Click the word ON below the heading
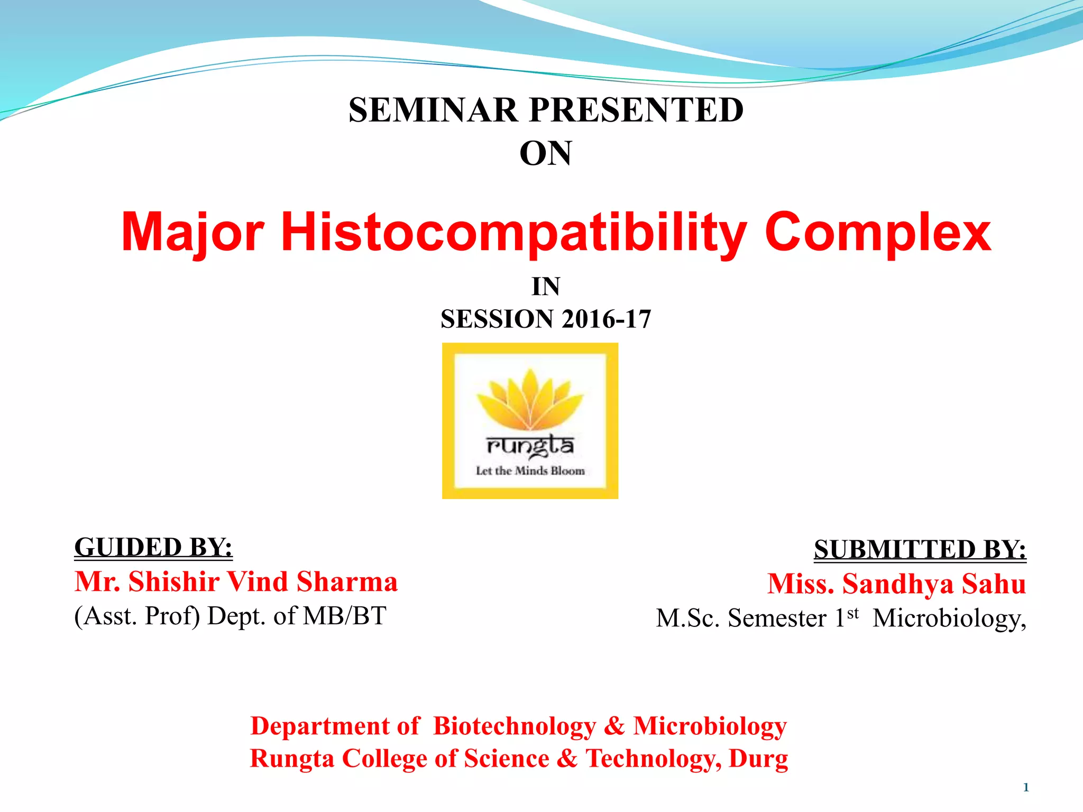pos(545,154)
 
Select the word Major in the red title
pos(192,233)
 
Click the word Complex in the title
pos(877,233)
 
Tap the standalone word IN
pos(545,287)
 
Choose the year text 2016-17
pos(607,319)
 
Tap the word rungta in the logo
pos(530,446)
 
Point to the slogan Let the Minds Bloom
pos(530,470)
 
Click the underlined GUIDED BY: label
pos(153,547)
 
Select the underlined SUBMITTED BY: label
pos(920,550)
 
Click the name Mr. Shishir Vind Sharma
pos(236,582)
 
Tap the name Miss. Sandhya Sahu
pos(896,584)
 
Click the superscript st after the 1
pos(852,613)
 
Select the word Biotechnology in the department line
pos(514,726)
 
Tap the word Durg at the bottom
pos(758,759)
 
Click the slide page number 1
pos(1026,788)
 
